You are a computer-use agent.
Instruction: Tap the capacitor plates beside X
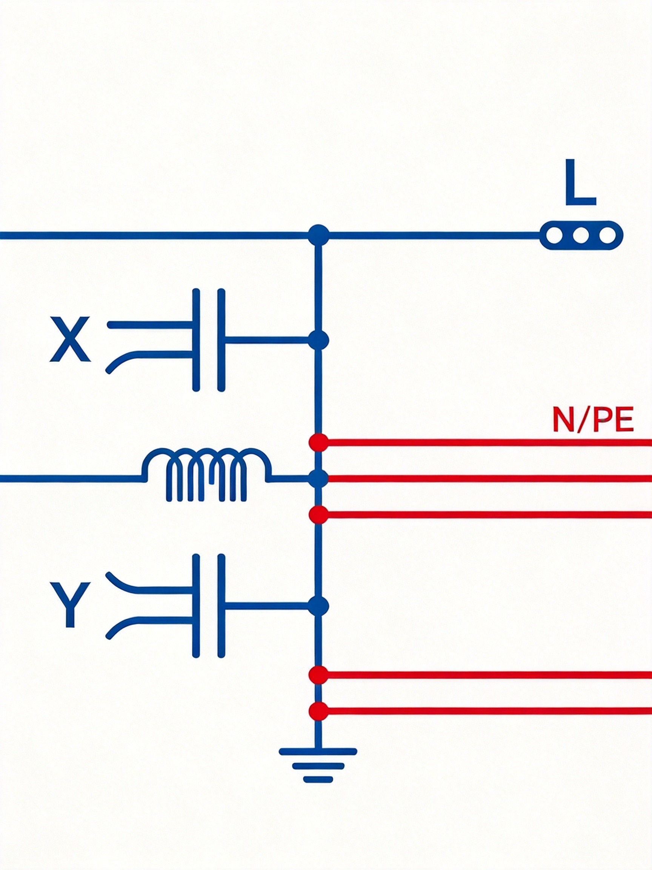point(209,340)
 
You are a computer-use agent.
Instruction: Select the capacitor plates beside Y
point(209,606)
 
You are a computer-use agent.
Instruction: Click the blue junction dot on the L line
point(318,235)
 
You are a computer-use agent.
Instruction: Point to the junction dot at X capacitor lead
point(318,340)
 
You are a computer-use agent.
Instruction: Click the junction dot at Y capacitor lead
point(318,606)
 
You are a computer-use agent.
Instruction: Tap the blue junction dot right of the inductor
point(318,479)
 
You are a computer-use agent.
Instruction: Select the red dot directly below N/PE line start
point(318,442)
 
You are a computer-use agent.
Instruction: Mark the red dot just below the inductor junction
point(318,514)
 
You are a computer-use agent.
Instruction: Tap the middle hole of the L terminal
point(581,235)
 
